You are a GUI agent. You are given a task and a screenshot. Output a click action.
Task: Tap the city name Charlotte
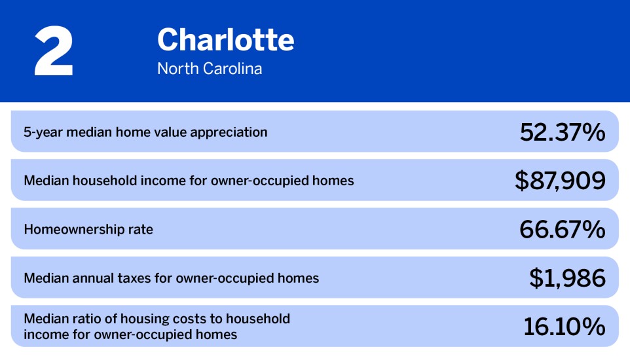coord(225,41)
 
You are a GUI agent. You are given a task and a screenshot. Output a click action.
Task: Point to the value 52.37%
coord(563,132)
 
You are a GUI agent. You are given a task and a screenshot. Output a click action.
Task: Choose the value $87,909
coord(560,181)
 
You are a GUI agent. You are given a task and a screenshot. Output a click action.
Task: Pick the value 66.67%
coord(563,229)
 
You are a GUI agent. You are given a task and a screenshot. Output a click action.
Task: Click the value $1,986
coord(567,278)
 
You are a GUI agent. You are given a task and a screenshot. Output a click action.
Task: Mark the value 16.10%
coord(564,327)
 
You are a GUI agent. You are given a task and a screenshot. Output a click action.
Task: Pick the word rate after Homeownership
coord(138,230)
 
